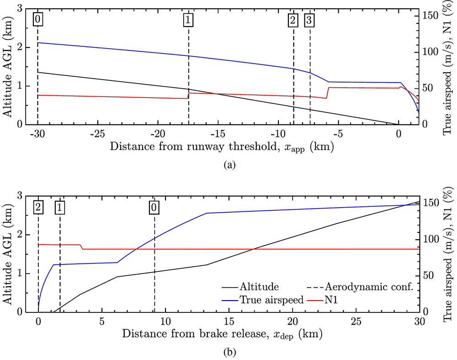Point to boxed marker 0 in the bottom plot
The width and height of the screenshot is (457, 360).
coord(154,207)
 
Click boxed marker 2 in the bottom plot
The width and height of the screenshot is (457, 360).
coord(38,207)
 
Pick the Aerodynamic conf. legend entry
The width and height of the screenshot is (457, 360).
coord(368,287)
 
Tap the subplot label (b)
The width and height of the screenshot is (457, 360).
coord(229,353)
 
